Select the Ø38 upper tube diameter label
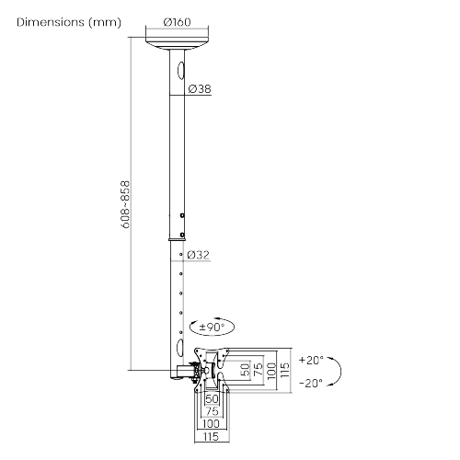[x=200, y=89]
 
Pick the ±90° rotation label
[x=212, y=327]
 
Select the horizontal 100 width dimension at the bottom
[x=212, y=423]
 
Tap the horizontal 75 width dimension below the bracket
[x=212, y=410]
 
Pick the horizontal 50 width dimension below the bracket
[x=212, y=398]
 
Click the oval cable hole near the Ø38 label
[x=180, y=69]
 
